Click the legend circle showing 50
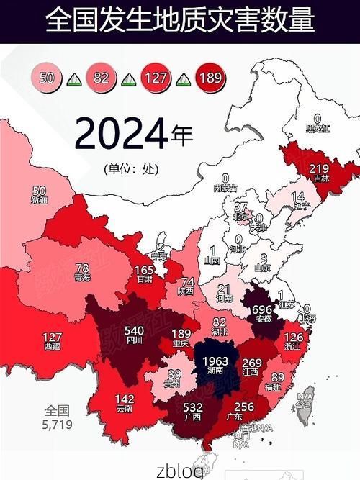click(x=47, y=76)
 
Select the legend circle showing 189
click(x=210, y=76)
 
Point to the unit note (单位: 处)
click(x=130, y=169)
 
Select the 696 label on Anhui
click(x=263, y=307)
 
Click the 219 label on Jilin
click(x=318, y=169)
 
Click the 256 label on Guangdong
click(x=245, y=407)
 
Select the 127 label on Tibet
click(x=53, y=337)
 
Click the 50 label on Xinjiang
click(x=40, y=191)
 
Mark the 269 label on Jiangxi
click(x=251, y=363)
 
